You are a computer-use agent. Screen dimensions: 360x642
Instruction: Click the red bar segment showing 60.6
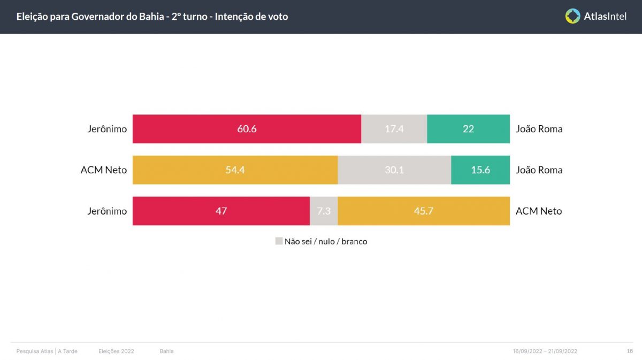coord(247,129)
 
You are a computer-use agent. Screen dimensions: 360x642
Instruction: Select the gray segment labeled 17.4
coord(394,129)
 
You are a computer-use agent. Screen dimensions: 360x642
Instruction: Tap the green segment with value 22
coord(468,129)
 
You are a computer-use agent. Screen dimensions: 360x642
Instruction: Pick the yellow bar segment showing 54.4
coord(235,170)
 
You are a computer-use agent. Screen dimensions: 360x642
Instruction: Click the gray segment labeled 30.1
coord(394,170)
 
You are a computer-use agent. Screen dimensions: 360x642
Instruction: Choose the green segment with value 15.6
coord(480,170)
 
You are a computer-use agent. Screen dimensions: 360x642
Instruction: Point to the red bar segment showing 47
coord(221,211)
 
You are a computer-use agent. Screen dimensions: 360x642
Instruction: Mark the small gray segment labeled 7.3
coord(324,211)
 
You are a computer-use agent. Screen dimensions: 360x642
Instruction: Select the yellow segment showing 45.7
coord(423,211)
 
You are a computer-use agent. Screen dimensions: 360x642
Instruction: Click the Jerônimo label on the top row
coord(107,129)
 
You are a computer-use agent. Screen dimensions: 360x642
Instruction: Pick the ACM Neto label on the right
coord(539,211)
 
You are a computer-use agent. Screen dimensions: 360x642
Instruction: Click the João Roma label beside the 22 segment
coord(539,129)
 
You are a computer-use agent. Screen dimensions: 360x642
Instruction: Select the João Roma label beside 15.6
coord(539,170)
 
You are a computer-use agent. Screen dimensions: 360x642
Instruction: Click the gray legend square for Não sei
coord(279,241)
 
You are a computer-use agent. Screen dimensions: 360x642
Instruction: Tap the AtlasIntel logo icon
coord(572,16)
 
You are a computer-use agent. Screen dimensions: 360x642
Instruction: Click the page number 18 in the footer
coord(630,351)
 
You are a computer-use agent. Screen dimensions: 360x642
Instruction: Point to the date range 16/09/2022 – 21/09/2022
coord(545,351)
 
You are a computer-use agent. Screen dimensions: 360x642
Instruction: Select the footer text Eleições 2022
coord(116,351)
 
